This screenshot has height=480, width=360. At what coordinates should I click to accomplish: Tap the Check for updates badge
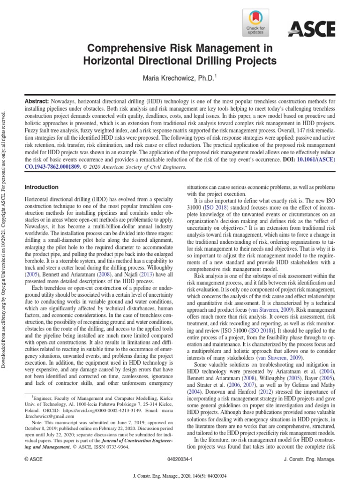coord(255,23)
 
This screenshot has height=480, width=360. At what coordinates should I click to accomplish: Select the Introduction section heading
coord(41,187)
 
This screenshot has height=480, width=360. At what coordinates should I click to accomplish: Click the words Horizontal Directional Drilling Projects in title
coord(180,60)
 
